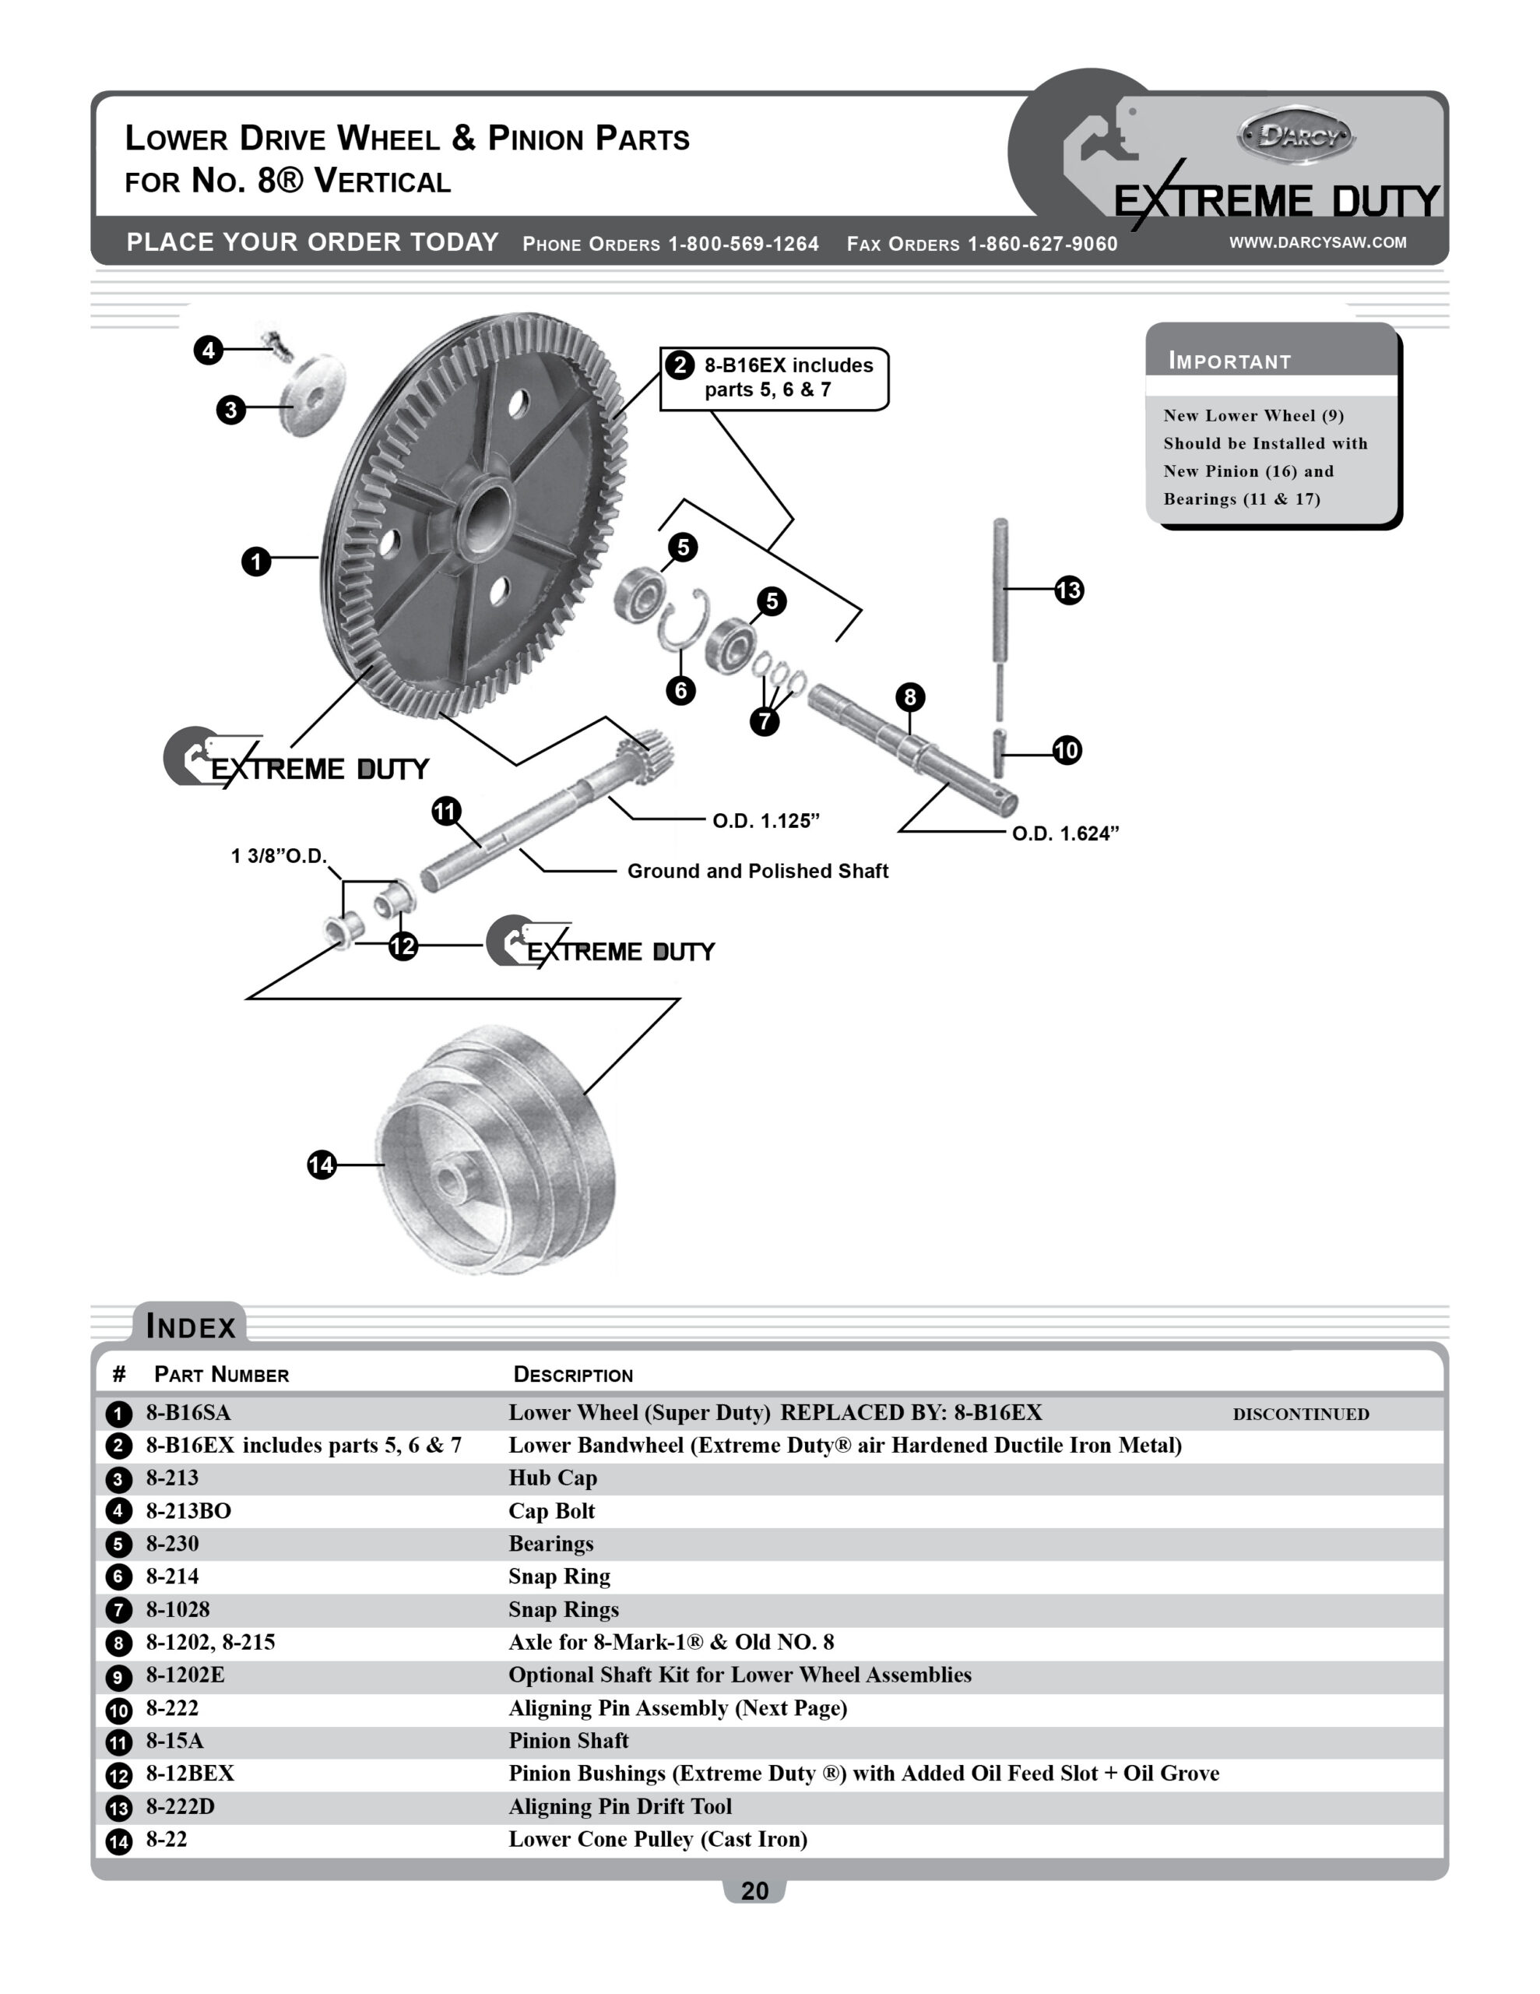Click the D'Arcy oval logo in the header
coord(1296,136)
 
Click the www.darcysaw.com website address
coord(1317,242)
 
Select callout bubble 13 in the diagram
coord(1068,590)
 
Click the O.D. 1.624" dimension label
coord(1064,833)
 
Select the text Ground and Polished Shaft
coord(757,871)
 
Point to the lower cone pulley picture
coord(498,1150)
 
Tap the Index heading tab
coord(191,1326)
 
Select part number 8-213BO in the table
coord(189,1511)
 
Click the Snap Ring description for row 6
coord(559,1577)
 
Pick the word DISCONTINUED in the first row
coord(1300,1414)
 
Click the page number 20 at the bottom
coord(754,1891)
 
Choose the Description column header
coord(572,1375)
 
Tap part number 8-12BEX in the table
coord(190,1773)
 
